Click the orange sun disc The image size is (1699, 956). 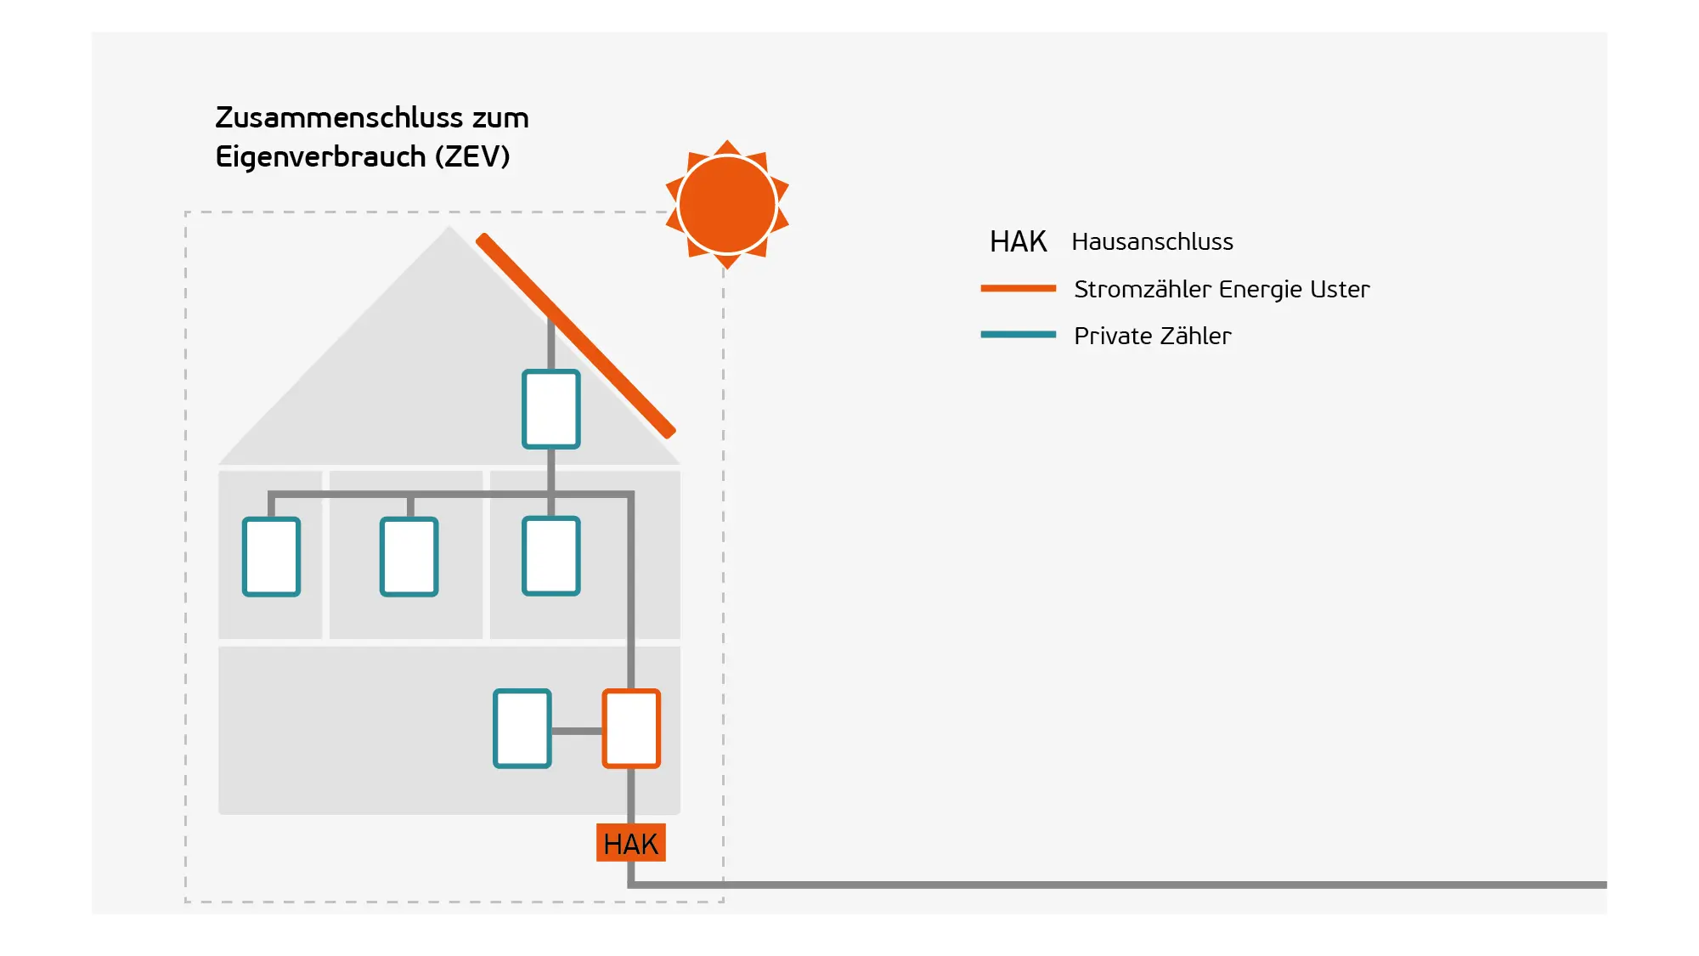coord(727,205)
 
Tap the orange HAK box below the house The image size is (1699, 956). coord(630,843)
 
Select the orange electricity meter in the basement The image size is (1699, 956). coord(631,728)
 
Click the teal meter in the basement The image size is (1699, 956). coord(522,728)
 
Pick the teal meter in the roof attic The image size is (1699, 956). coord(551,409)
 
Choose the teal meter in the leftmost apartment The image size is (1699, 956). coord(271,557)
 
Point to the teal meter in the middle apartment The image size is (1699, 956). coord(409,557)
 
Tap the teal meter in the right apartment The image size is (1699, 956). coord(551,556)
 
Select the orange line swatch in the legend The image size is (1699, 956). coord(1018,288)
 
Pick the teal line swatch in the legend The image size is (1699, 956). coord(1018,335)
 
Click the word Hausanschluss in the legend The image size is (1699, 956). coord(1152,242)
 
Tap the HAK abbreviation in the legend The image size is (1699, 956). coord(1018,242)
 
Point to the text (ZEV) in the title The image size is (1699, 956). coord(472,156)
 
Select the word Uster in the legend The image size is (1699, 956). coord(1340,289)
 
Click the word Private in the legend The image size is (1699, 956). coord(1113,336)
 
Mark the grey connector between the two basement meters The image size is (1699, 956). coord(577,730)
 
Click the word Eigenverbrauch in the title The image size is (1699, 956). coord(320,157)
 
